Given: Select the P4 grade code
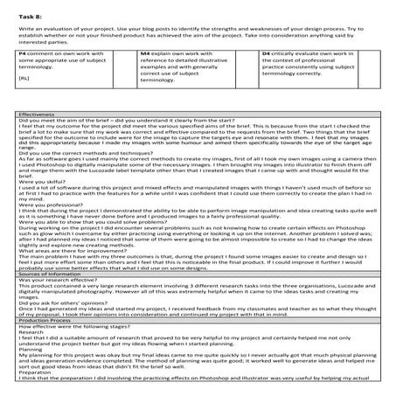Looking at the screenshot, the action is pyautogui.click(x=23, y=78).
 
